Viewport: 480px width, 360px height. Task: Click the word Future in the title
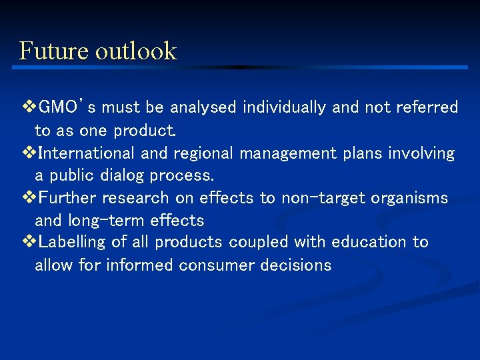tap(53, 51)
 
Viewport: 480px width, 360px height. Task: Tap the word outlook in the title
tap(136, 51)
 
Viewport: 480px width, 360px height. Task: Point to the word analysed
tap(205, 107)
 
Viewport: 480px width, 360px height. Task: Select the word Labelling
tap(73, 242)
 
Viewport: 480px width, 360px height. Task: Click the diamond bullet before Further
tap(28, 198)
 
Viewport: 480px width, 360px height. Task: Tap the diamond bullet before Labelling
tap(28, 242)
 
